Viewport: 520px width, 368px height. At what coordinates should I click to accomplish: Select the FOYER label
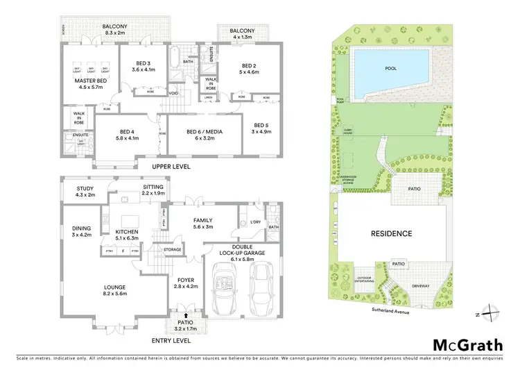click(186, 281)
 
